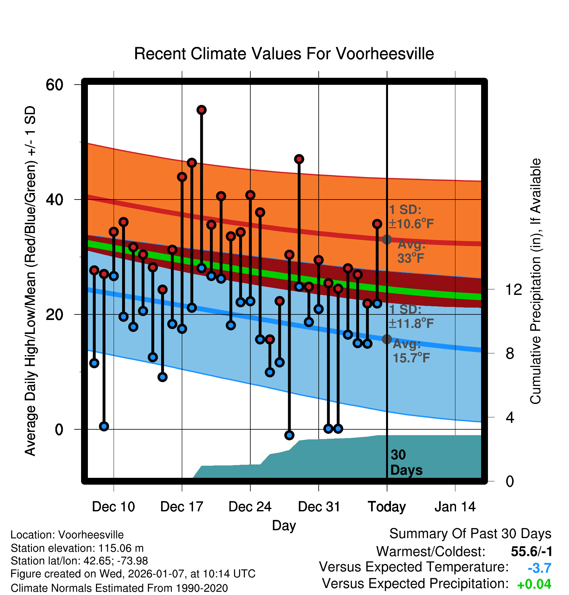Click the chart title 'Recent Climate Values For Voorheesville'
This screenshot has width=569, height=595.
coord(284,54)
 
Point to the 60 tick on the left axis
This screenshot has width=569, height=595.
coord(54,85)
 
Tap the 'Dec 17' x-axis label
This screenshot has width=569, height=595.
coord(182,507)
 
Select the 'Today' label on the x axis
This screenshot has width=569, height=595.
coord(387,507)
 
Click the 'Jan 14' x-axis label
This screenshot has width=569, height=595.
coord(455,507)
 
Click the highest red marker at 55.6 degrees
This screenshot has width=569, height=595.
coord(201,110)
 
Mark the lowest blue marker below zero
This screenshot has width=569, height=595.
coord(289,435)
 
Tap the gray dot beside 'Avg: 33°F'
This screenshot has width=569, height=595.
coord(387,240)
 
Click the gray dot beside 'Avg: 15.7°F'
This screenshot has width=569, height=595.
coord(387,339)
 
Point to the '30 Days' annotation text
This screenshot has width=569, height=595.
coord(406,463)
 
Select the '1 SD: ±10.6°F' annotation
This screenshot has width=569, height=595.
coord(411,217)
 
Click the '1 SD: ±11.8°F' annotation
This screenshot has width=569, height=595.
coord(411,316)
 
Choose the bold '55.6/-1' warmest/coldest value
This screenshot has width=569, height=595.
coord(532,551)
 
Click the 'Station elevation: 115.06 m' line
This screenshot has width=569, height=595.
coord(77,548)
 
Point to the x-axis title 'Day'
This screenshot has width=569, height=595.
coord(284,525)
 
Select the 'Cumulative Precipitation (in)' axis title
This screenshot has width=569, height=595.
coord(535,282)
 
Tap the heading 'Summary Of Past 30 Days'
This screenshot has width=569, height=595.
coord(470,534)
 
